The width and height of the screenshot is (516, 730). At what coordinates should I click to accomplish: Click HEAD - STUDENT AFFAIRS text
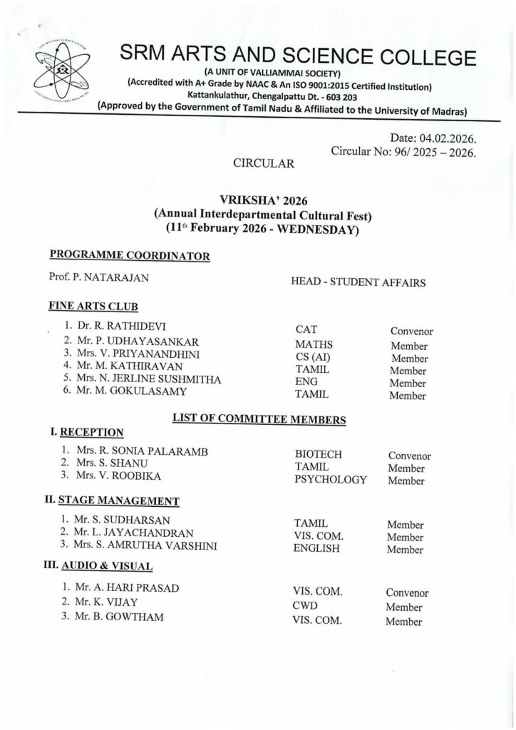click(358, 282)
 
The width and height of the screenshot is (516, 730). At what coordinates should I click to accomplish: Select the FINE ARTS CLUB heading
click(93, 306)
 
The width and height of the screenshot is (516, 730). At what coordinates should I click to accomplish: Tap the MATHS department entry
click(314, 343)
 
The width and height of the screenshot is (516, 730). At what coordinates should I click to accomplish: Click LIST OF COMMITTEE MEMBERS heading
click(259, 419)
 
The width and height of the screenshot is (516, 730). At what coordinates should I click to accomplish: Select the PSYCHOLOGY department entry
click(330, 479)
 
